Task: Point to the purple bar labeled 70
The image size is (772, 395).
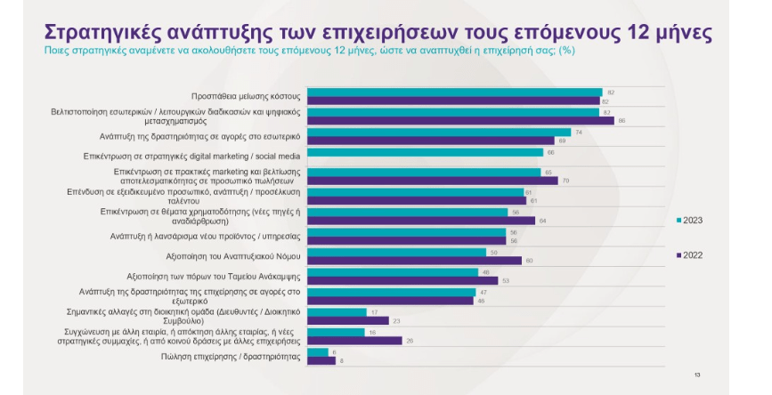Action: (x=432, y=180)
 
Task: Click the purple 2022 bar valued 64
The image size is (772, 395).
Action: (x=421, y=220)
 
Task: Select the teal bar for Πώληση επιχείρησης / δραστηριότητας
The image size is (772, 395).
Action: (x=318, y=352)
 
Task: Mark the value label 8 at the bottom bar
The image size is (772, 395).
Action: (x=342, y=360)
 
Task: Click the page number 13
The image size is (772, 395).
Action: (x=697, y=375)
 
